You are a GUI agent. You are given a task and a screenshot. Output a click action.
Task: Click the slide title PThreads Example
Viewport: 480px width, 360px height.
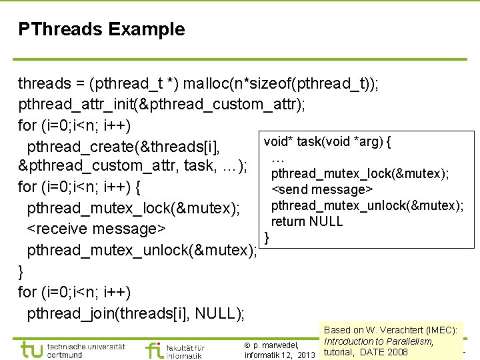tap(101, 29)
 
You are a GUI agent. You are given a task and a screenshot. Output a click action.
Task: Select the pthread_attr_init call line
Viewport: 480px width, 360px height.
tap(163, 105)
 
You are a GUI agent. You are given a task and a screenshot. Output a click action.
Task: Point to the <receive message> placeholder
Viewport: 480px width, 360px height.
tap(96, 229)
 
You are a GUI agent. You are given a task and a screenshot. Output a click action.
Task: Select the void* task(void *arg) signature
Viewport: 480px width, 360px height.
tap(327, 141)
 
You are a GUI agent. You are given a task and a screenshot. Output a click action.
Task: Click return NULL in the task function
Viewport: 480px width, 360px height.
tap(307, 221)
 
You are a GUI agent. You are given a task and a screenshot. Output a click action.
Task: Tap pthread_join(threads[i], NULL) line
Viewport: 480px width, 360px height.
tap(136, 313)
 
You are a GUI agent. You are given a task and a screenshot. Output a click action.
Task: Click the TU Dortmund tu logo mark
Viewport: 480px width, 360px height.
tap(31, 349)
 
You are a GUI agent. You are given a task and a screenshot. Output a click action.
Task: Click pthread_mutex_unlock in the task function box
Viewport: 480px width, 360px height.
tap(367, 205)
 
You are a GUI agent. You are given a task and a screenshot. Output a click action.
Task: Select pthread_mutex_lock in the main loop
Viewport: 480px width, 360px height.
tap(133, 209)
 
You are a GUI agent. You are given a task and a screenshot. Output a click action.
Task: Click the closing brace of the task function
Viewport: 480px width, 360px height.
tap(267, 237)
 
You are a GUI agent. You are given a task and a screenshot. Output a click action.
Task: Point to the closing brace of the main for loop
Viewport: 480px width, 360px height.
tap(21, 271)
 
